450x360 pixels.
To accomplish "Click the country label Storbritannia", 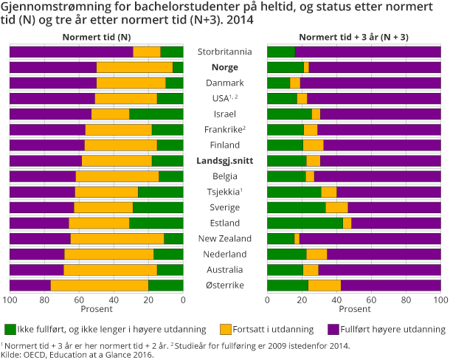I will pyautogui.click(x=225, y=52).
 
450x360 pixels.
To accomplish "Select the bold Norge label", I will pyautogui.click(x=225, y=67).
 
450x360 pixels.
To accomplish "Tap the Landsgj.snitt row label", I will pyautogui.click(x=225, y=161).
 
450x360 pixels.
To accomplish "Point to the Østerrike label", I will pyautogui.click(x=225, y=285).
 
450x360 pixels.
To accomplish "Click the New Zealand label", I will pyautogui.click(x=225, y=238).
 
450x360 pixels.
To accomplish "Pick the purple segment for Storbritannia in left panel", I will pyautogui.click(x=72, y=52).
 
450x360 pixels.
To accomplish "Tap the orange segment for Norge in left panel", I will pyautogui.click(x=134, y=67).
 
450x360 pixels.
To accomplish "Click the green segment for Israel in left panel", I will pyautogui.click(x=156, y=114).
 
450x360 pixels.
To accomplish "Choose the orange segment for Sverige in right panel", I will pyautogui.click(x=336, y=207).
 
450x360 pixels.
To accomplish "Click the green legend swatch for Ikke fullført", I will pyautogui.click(x=10, y=328).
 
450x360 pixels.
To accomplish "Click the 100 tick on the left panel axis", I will pyautogui.click(x=10, y=300).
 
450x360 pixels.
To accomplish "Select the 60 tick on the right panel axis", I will pyautogui.click(x=371, y=300).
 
